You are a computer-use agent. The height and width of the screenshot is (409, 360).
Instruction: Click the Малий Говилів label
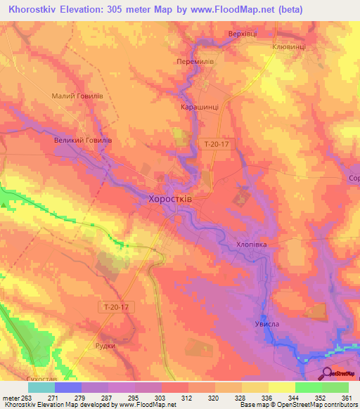point(78,96)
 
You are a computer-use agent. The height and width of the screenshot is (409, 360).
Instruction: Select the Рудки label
point(105,346)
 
